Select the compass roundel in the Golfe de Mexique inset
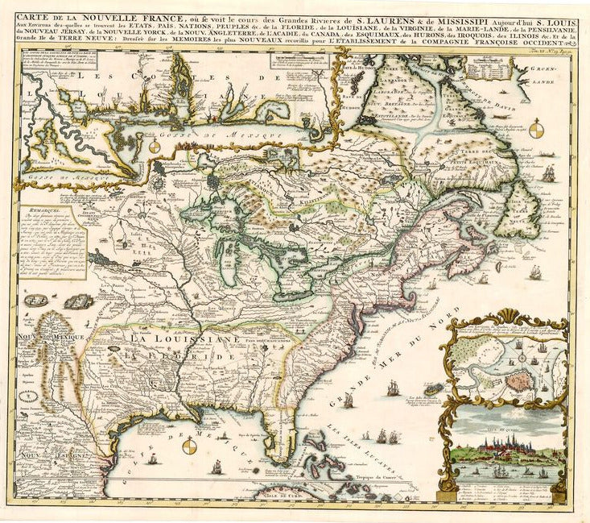pyautogui.click(x=155, y=147)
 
